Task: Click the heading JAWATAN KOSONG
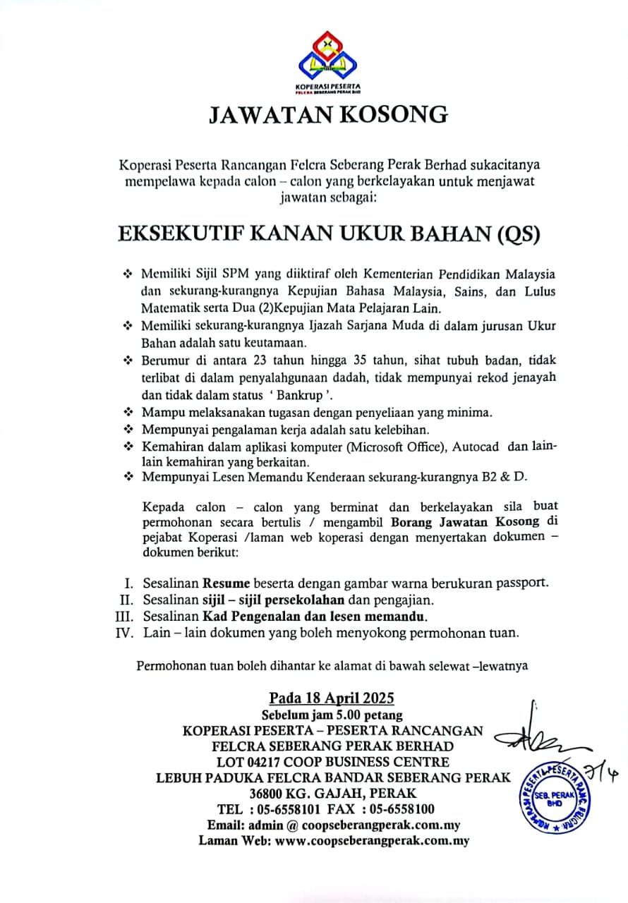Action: click(x=329, y=116)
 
